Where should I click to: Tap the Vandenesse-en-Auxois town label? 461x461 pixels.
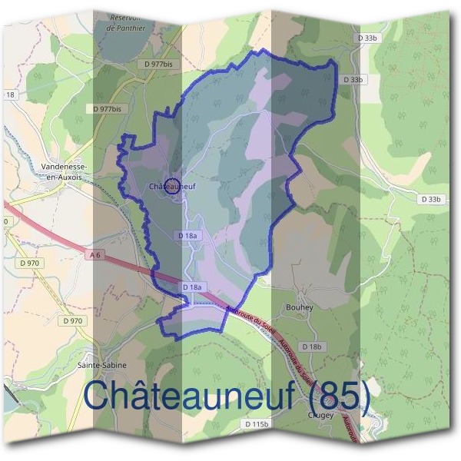(x=65, y=171)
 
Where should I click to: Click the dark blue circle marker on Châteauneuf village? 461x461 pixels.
(x=173, y=185)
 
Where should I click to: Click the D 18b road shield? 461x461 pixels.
(x=312, y=347)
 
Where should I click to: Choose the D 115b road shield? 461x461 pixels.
(x=256, y=423)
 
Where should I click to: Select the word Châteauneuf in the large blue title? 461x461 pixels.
(x=191, y=396)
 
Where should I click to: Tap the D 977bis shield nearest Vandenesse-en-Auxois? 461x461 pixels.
(x=106, y=109)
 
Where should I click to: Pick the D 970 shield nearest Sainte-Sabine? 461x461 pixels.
(x=73, y=320)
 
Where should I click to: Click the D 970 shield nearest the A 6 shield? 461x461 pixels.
(x=30, y=263)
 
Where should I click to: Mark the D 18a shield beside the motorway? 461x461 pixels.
(x=192, y=287)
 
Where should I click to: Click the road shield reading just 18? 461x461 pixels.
(x=10, y=95)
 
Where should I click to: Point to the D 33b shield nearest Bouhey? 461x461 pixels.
(x=432, y=199)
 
